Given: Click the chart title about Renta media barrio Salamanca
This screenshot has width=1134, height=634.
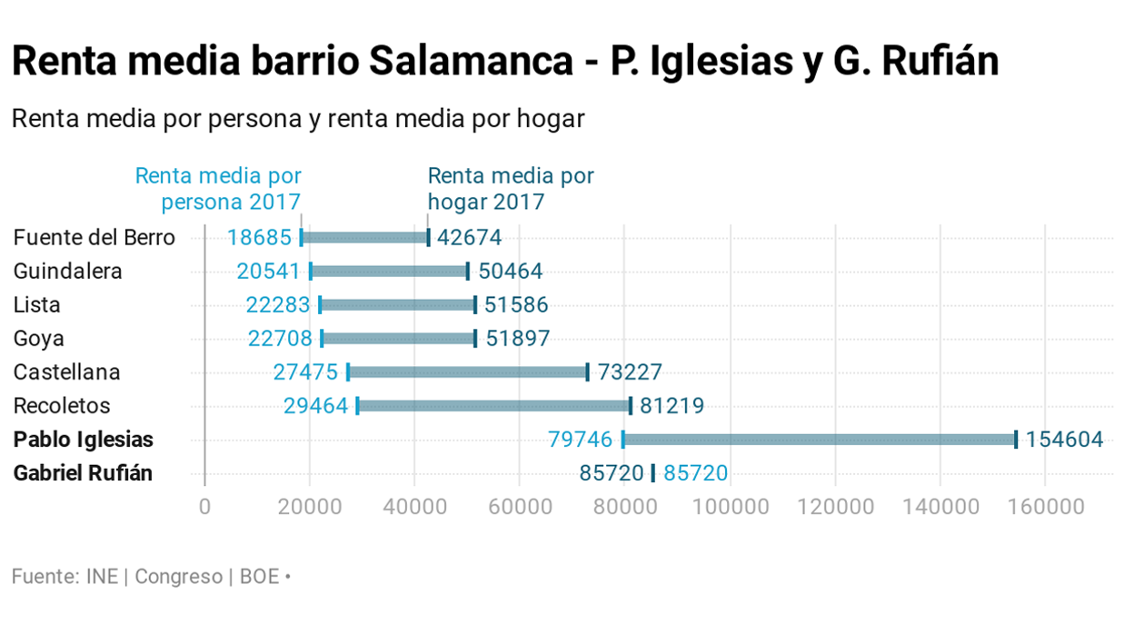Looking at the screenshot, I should pos(505,62).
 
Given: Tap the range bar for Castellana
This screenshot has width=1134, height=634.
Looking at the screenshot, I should pos(467,372).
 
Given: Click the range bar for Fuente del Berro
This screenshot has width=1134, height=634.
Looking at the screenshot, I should pos(364,238).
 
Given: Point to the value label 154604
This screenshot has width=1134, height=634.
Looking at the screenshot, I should pos(1064,440).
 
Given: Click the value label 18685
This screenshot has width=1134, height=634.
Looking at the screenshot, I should pos(259,238).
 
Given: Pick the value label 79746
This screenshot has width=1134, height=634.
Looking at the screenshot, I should pos(581,440).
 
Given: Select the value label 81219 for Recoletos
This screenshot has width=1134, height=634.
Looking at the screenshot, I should pos(672,406).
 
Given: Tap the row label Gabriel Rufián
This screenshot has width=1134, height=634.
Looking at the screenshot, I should pos(83,473).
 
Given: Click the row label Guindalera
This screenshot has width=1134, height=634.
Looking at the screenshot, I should pos(68,272).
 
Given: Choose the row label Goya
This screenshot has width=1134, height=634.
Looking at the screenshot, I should pos(39,339).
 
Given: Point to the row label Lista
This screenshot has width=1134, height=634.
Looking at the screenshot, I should pos(37,305).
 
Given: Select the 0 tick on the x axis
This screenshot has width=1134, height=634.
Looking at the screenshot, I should pos(204,506).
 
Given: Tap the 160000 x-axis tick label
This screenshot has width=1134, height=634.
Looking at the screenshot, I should pos(1044,506).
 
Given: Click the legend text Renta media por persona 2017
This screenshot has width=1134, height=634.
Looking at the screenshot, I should pos(219,188).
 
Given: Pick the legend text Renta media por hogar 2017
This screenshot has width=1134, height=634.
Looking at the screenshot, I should pos(510,188).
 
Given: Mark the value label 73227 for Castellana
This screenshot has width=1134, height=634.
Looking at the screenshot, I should pos(630,372).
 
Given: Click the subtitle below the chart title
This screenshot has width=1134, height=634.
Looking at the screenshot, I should pos(297,119).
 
